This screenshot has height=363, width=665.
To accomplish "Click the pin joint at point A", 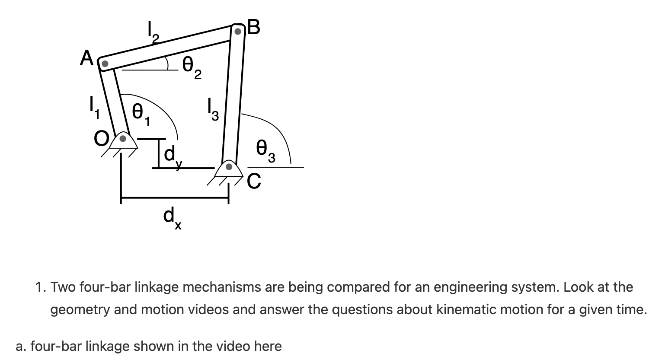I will tap(104, 64).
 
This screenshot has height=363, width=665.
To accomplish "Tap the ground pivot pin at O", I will tap(123, 139).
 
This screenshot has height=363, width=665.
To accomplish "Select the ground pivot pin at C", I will tap(230, 166).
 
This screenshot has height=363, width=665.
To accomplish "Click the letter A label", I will tap(86, 58).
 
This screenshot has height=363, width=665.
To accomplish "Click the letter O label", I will tap(102, 139).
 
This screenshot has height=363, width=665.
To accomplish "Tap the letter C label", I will tap(254, 182).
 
